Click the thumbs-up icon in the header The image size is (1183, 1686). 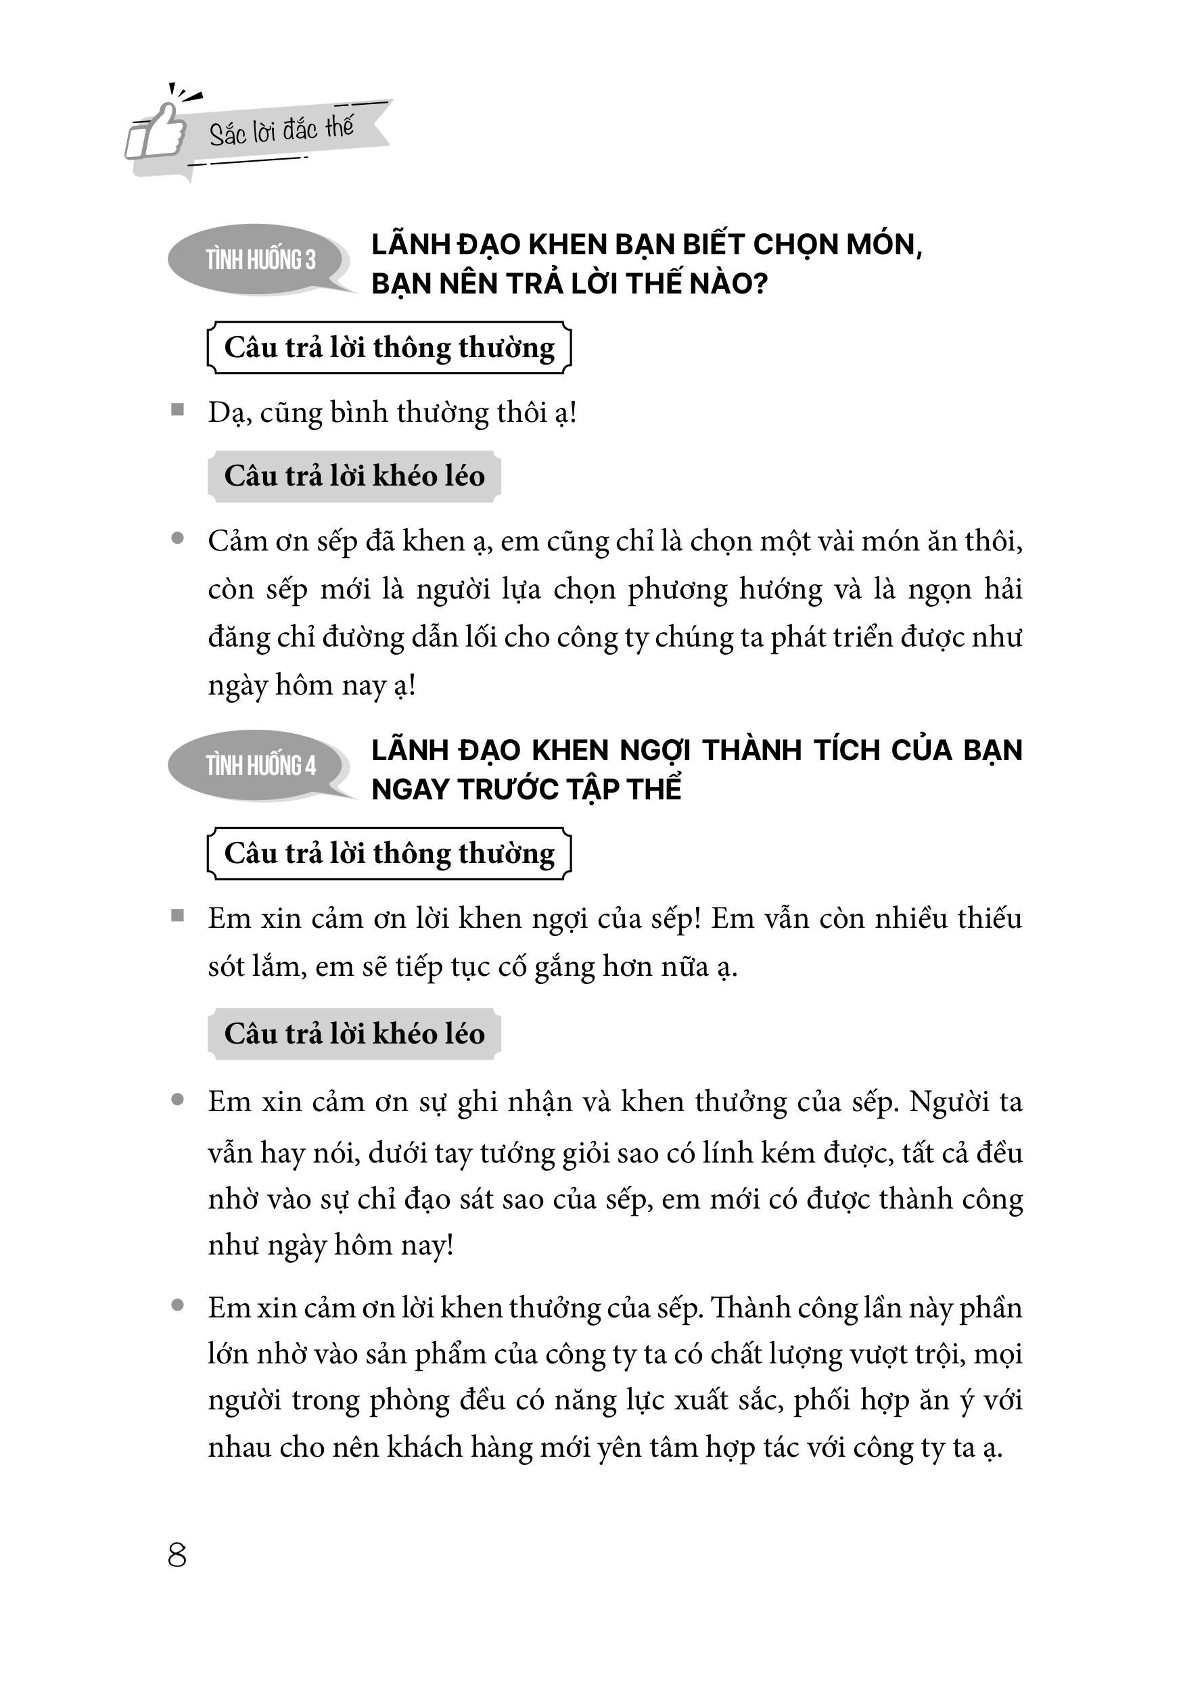pyautogui.click(x=156, y=132)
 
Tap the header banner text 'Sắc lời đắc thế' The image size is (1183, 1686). pyautogui.click(x=281, y=131)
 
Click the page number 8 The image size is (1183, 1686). pyautogui.click(x=177, y=1555)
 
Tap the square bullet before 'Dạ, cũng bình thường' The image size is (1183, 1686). pyautogui.click(x=177, y=410)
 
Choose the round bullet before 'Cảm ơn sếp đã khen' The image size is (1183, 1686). pyautogui.click(x=177, y=539)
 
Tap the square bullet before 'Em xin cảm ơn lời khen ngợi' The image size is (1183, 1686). pyautogui.click(x=177, y=916)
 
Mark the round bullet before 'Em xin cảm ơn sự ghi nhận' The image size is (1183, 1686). pyautogui.click(x=177, y=1101)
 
